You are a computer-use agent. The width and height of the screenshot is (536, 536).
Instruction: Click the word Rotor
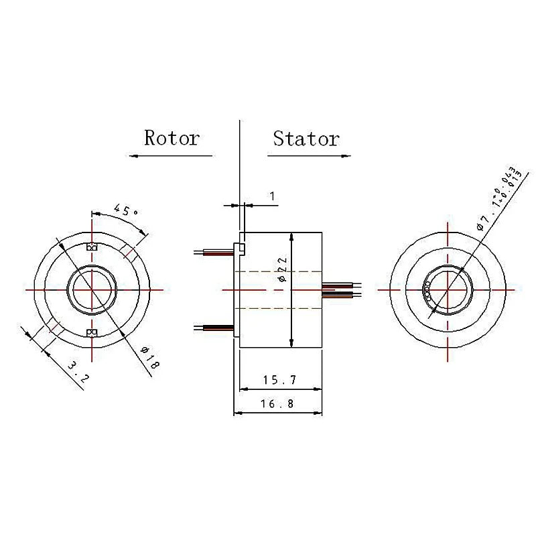click(x=172, y=139)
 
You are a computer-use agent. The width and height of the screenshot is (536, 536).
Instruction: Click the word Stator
click(x=306, y=139)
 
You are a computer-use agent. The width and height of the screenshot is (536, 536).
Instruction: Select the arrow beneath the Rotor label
click(x=170, y=156)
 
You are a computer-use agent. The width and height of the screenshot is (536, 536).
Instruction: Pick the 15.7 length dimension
click(x=279, y=380)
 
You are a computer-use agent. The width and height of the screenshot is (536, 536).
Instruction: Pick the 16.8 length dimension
click(x=279, y=404)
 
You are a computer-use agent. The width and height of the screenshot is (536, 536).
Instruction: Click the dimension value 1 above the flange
click(x=272, y=196)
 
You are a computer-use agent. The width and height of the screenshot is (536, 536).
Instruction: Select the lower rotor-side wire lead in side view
click(x=213, y=328)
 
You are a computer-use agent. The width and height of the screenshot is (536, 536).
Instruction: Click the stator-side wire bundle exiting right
click(x=342, y=290)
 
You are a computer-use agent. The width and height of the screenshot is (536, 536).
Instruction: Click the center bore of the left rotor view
click(x=91, y=289)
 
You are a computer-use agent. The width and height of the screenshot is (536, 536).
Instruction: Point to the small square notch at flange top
click(x=241, y=249)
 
